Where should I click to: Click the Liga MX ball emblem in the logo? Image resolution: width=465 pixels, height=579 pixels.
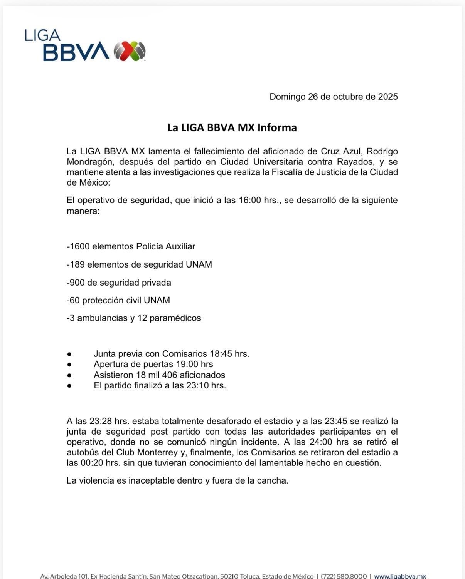tap(130, 51)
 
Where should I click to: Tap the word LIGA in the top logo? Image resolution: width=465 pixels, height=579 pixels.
tap(42, 35)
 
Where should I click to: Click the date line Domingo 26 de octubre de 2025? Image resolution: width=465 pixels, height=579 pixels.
tap(334, 97)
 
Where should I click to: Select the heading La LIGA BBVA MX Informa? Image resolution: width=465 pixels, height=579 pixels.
tap(232, 127)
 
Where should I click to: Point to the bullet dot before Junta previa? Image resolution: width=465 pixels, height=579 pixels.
tap(69, 354)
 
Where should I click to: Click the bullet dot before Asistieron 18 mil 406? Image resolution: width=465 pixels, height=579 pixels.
tap(69, 375)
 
